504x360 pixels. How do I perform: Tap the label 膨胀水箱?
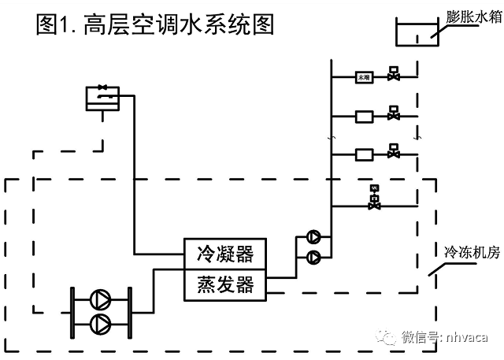pos(471,16)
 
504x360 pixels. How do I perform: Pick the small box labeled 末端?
pos(364,77)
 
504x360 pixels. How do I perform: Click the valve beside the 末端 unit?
pos(393,76)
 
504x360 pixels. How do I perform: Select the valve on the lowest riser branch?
pos(374,204)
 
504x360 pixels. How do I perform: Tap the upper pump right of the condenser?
pos(313,236)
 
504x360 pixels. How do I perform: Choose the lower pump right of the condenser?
pos(313,256)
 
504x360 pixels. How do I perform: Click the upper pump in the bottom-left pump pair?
pos(101,299)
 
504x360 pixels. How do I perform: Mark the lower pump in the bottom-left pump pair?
pos(101,322)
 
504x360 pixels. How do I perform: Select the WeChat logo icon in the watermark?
pos(387,337)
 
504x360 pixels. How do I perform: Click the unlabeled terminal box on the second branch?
pos(364,116)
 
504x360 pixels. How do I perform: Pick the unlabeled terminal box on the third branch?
pos(364,154)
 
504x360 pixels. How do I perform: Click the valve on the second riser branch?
pos(393,115)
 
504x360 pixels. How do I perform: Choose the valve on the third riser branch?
pos(393,153)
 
